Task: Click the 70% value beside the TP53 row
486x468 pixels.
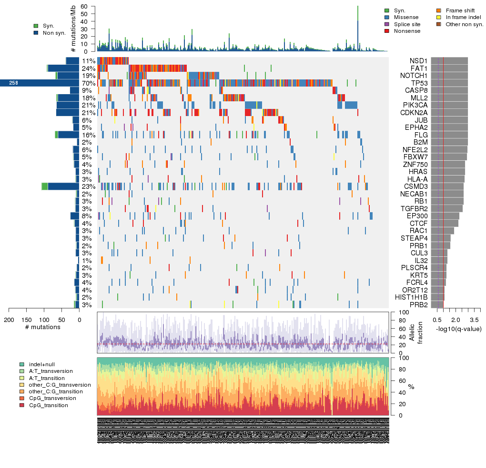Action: (89, 83)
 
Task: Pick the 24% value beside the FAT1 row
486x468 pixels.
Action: (89, 68)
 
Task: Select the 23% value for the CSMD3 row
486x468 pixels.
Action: (89, 186)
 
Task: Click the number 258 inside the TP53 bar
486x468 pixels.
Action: (14, 83)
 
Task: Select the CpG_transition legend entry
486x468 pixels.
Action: (48, 405)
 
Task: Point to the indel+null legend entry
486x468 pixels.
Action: (41, 364)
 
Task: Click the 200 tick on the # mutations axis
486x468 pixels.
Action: (9, 320)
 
